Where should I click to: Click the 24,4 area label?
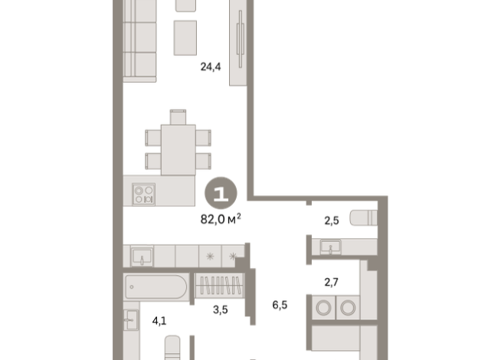tap(210, 67)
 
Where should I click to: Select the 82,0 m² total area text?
tap(221, 218)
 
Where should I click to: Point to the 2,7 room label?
tap(331, 283)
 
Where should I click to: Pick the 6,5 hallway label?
tap(280, 304)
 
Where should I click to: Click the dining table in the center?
tap(177, 149)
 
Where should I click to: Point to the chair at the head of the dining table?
tap(178, 117)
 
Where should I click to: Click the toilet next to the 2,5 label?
tap(363, 217)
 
